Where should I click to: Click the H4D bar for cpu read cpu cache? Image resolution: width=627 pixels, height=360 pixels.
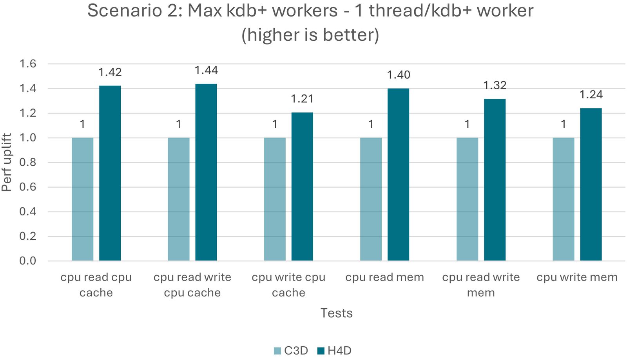click(x=110, y=173)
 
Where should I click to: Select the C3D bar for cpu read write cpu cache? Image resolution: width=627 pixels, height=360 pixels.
click(x=179, y=199)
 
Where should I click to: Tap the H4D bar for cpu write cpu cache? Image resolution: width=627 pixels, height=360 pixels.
click(x=302, y=186)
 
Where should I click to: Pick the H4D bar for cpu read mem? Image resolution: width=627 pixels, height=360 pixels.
click(x=398, y=174)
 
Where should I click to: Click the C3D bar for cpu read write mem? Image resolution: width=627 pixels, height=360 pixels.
click(x=467, y=199)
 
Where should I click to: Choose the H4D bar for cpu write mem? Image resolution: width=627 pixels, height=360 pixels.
click(x=591, y=185)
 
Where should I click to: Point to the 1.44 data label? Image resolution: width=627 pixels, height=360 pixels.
click(x=206, y=71)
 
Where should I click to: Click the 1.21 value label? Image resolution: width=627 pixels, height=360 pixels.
click(x=302, y=99)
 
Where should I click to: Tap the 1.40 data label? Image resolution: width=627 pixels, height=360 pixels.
click(x=399, y=75)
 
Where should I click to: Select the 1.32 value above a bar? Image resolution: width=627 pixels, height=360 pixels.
click(x=495, y=85)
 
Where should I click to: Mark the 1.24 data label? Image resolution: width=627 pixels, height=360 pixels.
click(x=591, y=95)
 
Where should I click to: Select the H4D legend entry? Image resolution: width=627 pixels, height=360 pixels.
click(x=335, y=351)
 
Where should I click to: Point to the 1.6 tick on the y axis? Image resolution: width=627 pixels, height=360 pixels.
click(x=28, y=64)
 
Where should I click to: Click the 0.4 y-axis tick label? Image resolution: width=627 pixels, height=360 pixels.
click(x=28, y=212)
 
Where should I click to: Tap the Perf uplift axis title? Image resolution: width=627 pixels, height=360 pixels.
click(x=7, y=162)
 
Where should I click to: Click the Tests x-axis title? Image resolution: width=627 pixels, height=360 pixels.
click(x=336, y=313)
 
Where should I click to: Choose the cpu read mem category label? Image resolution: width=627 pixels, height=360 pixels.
click(x=384, y=277)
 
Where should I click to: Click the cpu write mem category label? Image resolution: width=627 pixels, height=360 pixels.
click(x=577, y=277)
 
